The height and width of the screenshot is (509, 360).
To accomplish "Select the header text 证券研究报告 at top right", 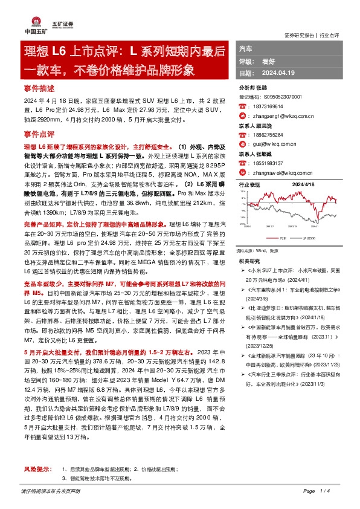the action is coord(300,34).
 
